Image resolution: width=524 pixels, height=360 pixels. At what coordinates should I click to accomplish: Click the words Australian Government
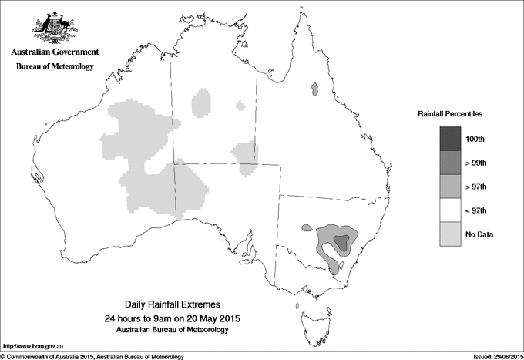click(54, 53)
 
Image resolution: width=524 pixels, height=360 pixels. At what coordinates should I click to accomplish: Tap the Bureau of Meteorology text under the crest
click(55, 67)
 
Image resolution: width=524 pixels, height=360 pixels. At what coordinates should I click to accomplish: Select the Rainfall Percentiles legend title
click(450, 113)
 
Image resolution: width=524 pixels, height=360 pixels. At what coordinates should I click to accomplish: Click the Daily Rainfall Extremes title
click(178, 306)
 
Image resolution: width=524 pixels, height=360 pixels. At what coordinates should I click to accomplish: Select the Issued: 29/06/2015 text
click(492, 355)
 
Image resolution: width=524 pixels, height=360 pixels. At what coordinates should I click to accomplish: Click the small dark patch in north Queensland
click(314, 91)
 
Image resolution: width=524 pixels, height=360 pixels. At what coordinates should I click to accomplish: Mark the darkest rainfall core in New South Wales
click(341, 242)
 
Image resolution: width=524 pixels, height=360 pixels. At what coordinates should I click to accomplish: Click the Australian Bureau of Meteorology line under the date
click(178, 330)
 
